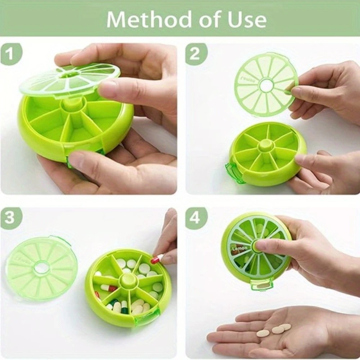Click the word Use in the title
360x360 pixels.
(x=247, y=20)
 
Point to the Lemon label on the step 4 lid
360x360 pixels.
(x=240, y=248)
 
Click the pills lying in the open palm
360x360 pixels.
(x=274, y=330)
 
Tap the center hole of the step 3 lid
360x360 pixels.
(x=42, y=268)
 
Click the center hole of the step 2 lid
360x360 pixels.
(x=267, y=85)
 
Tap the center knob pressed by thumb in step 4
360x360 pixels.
(x=256, y=247)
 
